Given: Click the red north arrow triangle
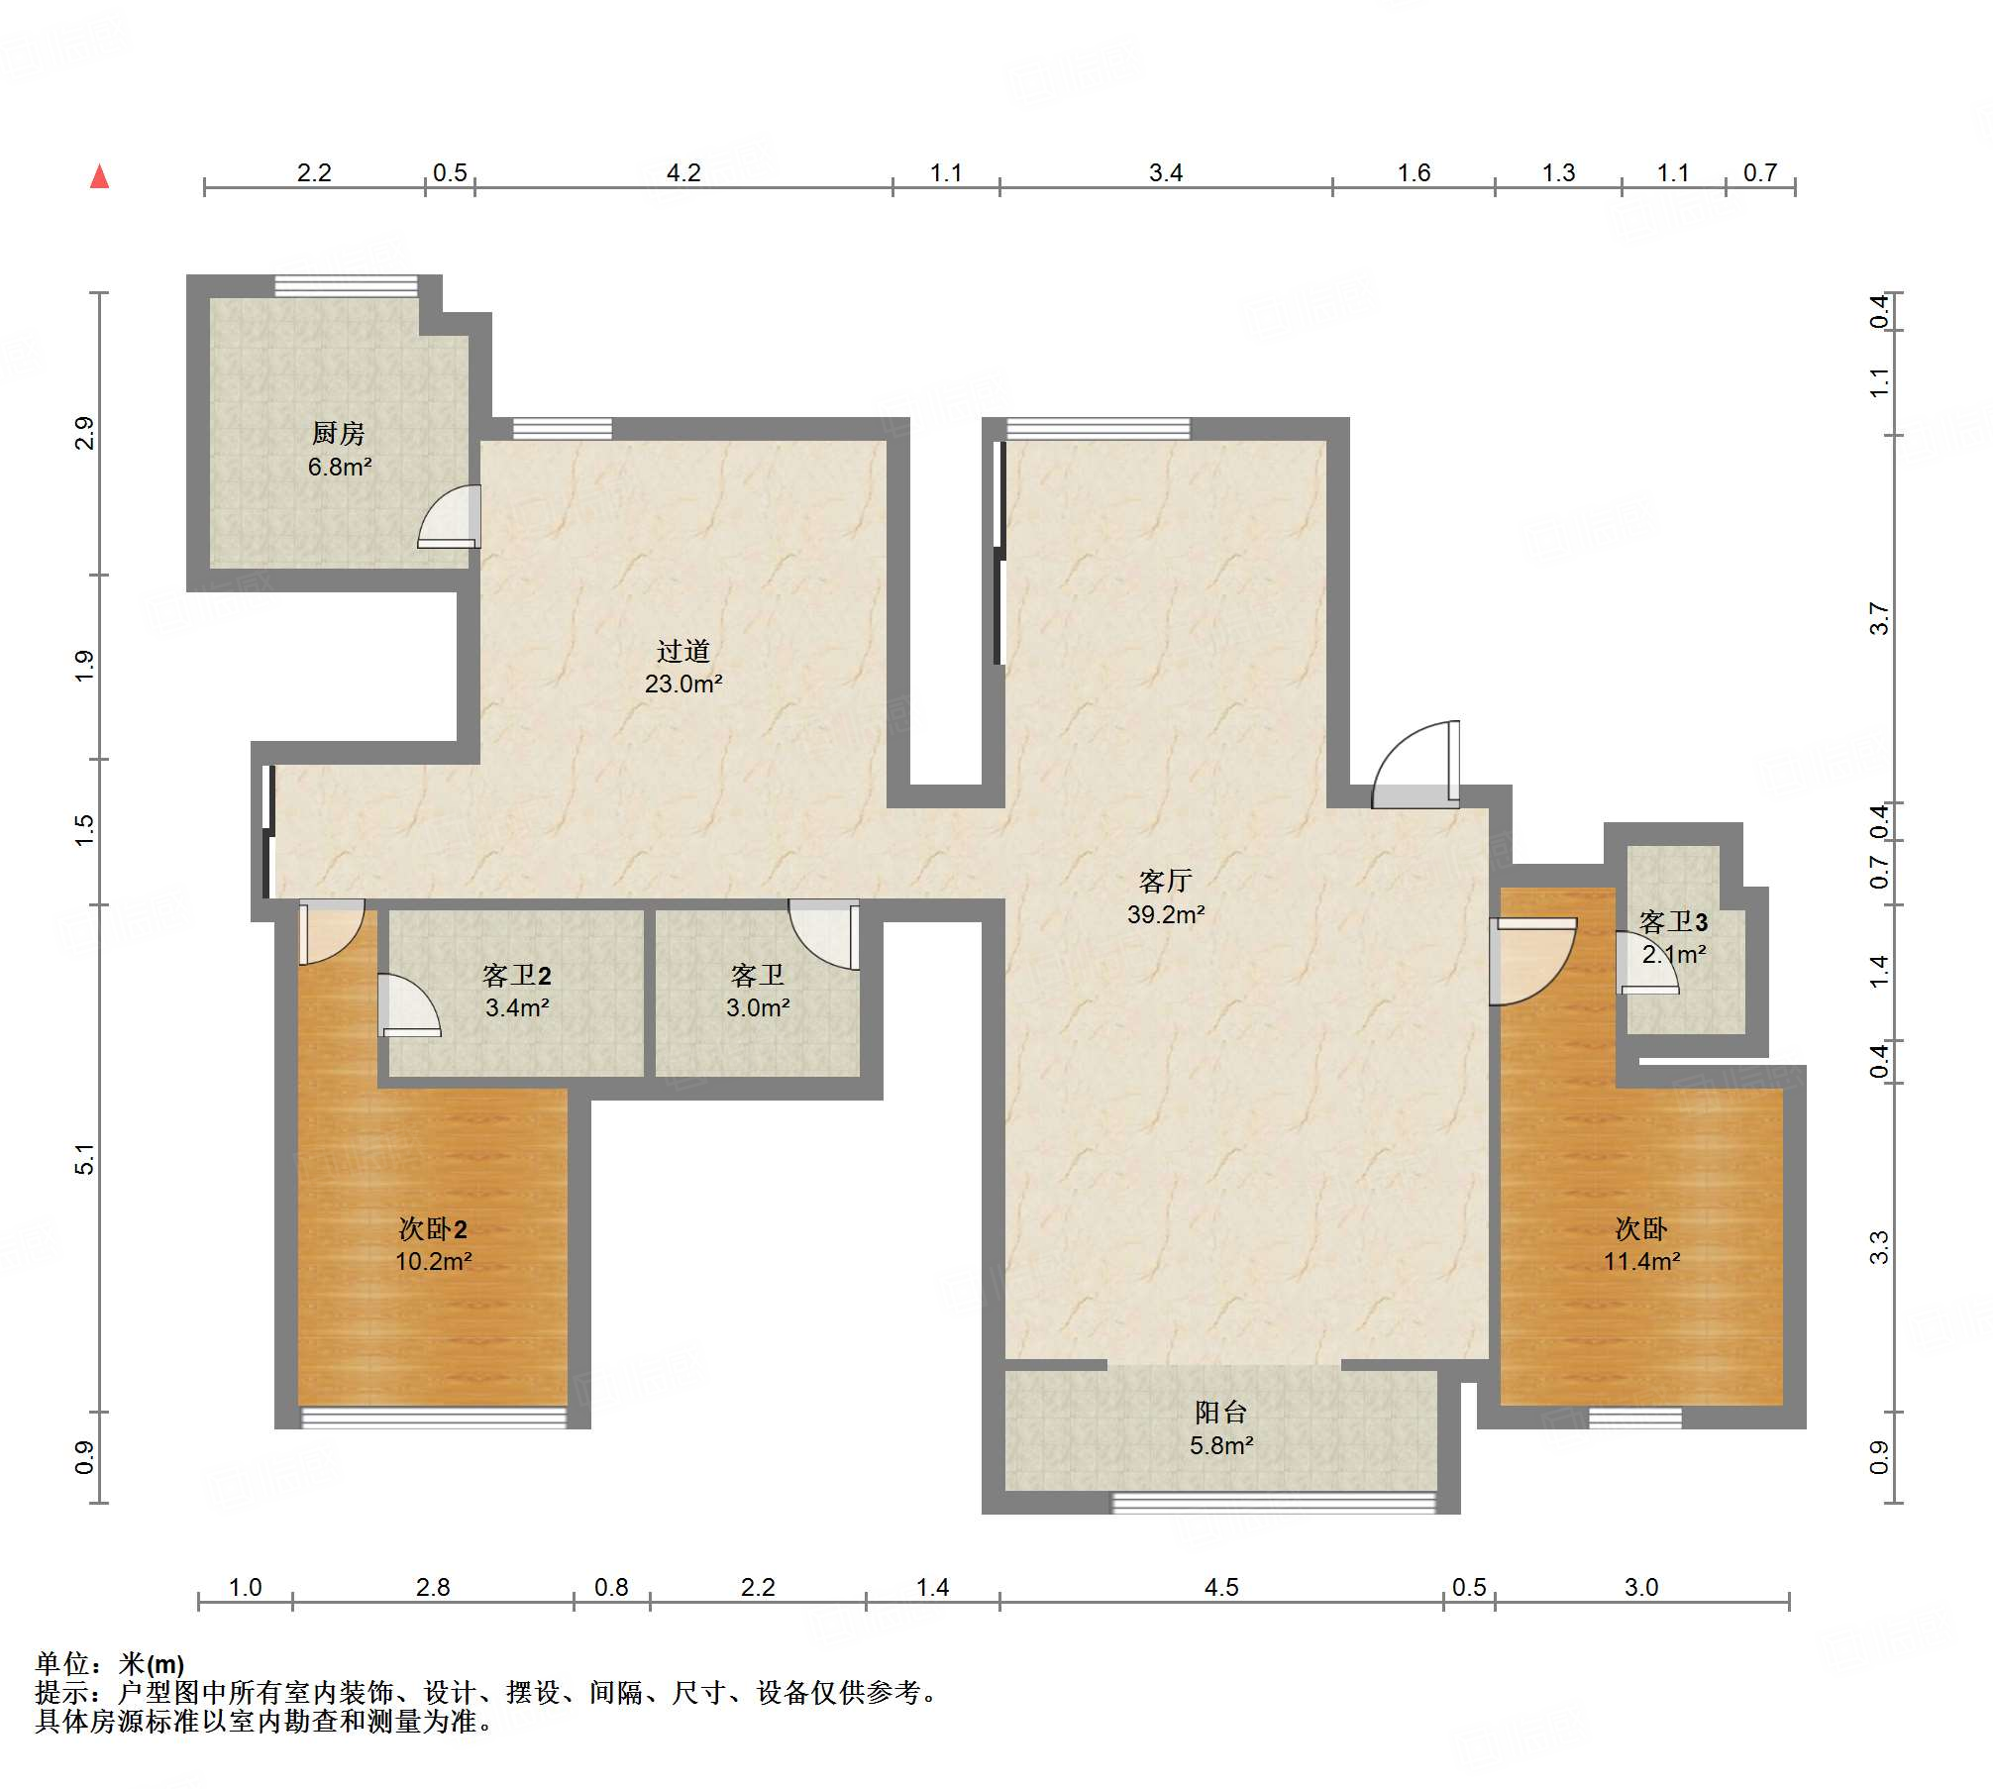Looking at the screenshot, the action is point(99,177).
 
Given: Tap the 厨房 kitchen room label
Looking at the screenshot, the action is point(339,433).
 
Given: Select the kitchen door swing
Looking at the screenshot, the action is point(449,516).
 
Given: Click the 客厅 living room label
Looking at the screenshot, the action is point(1166,881).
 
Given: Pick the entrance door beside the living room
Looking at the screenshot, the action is point(1416,765).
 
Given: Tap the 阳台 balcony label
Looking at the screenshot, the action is point(1220,1412).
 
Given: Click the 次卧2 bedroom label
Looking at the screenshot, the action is point(433,1228).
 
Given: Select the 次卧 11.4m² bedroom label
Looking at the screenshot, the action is point(1641,1244).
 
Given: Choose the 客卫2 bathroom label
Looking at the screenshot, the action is point(516,976).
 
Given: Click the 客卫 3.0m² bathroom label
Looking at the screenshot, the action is point(758,992).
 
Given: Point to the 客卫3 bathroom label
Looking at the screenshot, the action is point(1673,922).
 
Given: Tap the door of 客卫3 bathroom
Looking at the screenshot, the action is point(1647,963).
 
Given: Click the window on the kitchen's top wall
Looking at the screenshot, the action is point(346,285).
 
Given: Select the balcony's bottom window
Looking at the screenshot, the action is point(1274,1503).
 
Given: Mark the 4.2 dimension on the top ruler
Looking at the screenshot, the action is point(683,173).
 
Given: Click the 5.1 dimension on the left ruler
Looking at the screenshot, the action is point(84,1159).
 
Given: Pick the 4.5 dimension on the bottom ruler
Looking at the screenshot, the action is point(1221,1588).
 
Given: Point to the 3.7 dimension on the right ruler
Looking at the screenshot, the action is point(1879,619).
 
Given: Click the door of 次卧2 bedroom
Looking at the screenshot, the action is point(331,931).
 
